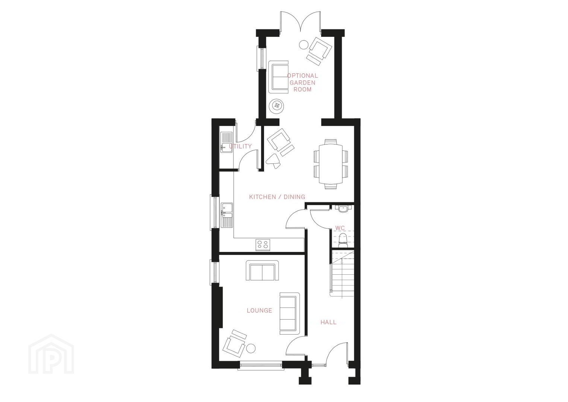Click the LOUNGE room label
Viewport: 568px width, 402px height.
(x=259, y=310)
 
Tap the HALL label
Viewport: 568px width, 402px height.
(x=329, y=322)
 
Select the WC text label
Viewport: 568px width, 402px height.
(x=340, y=228)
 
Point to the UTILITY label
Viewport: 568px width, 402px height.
(x=240, y=146)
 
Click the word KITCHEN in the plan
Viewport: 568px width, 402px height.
(x=263, y=197)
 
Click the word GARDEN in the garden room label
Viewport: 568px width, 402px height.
(x=302, y=83)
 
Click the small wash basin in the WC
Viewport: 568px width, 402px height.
(x=343, y=209)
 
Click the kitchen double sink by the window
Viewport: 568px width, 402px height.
(x=49, y=215)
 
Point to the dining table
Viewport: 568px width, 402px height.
(x=331, y=164)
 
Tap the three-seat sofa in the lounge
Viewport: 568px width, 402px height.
(x=289, y=313)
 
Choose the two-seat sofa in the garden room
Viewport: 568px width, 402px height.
(x=279, y=77)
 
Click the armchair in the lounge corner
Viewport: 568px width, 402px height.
(x=235, y=343)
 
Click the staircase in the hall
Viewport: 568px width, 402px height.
(x=342, y=273)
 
